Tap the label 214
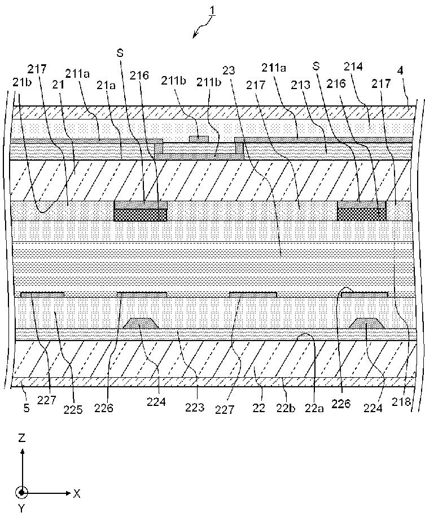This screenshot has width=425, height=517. click(x=353, y=67)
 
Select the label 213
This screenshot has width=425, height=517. click(x=301, y=85)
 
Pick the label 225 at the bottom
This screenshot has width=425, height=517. click(x=73, y=409)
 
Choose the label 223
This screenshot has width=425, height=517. click(x=194, y=408)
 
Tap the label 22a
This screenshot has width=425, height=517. click(x=315, y=409)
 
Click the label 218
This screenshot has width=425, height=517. click(x=401, y=401)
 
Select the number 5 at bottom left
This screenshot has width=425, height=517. click(x=27, y=408)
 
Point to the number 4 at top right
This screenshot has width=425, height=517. click(x=400, y=71)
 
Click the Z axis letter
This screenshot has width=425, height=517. click(x=22, y=438)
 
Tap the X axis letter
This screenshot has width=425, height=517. click(x=77, y=493)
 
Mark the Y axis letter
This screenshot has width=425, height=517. click(x=21, y=508)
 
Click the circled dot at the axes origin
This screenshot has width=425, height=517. click(x=21, y=493)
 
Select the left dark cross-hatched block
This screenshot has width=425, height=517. click(x=140, y=215)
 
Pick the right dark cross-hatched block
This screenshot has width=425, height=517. click(x=362, y=215)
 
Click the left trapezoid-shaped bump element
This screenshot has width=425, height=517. click(x=141, y=323)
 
